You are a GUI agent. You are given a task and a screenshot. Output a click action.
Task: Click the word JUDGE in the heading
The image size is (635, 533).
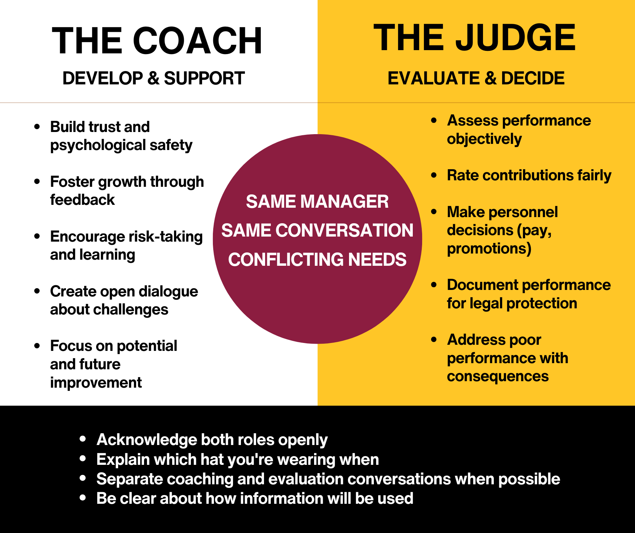pyautogui.click(x=515, y=38)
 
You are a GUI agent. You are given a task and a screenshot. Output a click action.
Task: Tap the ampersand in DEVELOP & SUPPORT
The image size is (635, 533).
pyautogui.click(x=153, y=78)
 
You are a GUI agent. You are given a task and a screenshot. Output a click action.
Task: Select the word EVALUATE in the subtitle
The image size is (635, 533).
pyautogui.click(x=433, y=78)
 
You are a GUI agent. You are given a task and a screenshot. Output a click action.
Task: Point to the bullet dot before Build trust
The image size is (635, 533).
pyautogui.click(x=37, y=127)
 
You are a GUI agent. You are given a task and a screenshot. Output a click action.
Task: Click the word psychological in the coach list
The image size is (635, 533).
pyautogui.click(x=98, y=145)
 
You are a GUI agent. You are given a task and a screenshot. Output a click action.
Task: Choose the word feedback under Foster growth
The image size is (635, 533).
pyautogui.click(x=82, y=200)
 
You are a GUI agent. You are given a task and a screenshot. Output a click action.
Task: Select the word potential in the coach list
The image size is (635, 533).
pyautogui.click(x=147, y=346)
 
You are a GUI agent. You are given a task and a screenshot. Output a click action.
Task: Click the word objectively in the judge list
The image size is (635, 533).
pyautogui.click(x=484, y=139)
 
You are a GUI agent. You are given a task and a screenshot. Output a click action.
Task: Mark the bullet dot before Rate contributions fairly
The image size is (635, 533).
pyautogui.click(x=434, y=175)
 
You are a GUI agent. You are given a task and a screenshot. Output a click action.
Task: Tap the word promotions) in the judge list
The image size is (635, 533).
pyautogui.click(x=489, y=248)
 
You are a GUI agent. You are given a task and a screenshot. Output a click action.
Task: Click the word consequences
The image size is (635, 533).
pyautogui.click(x=498, y=376)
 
